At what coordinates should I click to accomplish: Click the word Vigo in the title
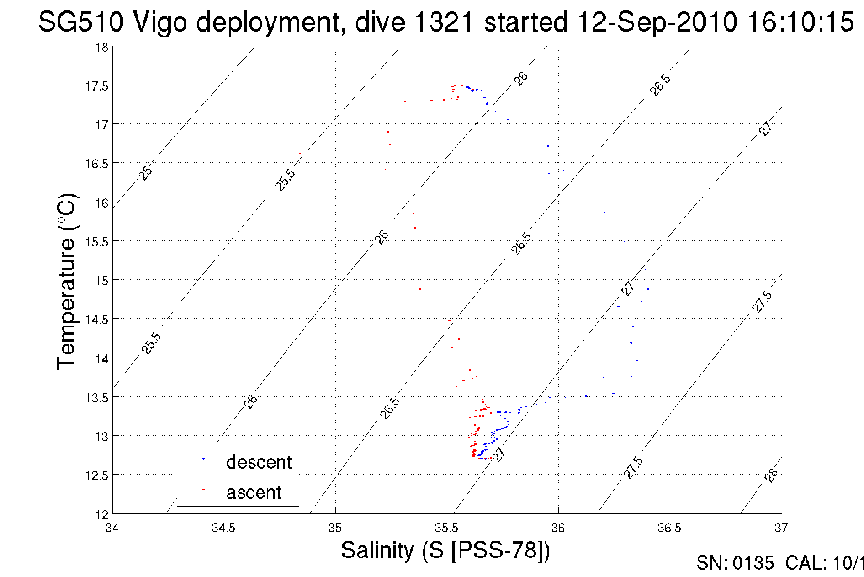(159, 22)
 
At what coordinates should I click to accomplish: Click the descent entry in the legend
(258, 462)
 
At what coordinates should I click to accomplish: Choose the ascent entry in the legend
(254, 492)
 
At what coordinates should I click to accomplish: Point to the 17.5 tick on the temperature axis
(96, 86)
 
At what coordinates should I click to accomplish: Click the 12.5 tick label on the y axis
(96, 476)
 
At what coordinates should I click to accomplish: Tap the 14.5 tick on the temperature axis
(96, 320)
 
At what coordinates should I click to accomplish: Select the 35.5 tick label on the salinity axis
(446, 528)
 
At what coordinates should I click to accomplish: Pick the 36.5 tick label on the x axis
(669, 528)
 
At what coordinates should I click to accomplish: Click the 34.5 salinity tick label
(223, 528)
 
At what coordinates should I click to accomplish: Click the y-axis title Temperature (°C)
(67, 282)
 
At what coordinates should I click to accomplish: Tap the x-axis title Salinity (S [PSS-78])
(445, 550)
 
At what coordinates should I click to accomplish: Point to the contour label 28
(771, 475)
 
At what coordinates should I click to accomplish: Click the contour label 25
(146, 173)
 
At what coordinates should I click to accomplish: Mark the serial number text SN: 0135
(735, 563)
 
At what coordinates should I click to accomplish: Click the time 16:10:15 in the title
(800, 22)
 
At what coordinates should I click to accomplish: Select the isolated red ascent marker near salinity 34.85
(300, 154)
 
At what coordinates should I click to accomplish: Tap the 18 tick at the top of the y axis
(101, 47)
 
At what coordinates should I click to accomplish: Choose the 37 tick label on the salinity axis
(781, 528)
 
